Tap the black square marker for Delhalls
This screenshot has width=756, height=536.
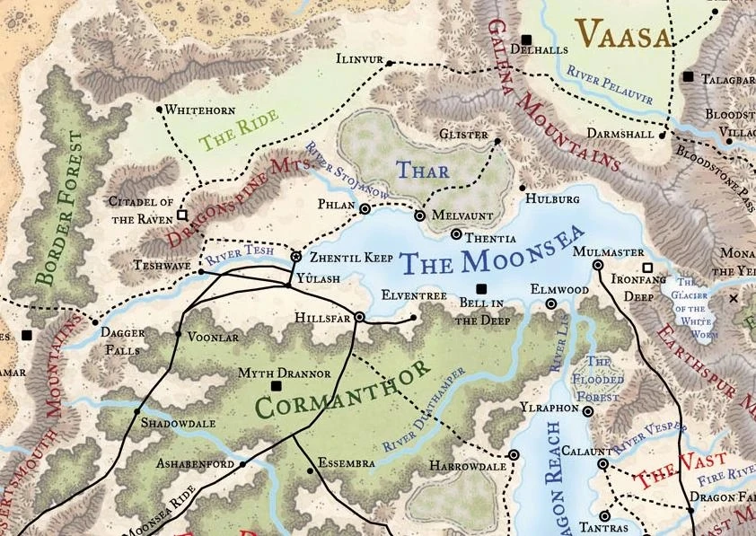[x=527, y=40]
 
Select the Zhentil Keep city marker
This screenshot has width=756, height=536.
[x=296, y=257]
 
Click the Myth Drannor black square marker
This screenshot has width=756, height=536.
[x=276, y=385]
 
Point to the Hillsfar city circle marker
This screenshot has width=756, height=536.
[x=359, y=317]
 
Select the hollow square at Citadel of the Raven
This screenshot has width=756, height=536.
[x=182, y=215]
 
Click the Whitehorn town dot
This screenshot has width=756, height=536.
[x=160, y=110]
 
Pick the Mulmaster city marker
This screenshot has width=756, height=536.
[x=598, y=265]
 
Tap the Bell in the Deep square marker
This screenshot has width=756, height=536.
[x=481, y=288]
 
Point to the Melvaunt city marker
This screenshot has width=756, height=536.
[x=418, y=215]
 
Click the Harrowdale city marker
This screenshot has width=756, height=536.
[x=514, y=455]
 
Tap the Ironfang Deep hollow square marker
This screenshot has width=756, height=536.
[x=646, y=268]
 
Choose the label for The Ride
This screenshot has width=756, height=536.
[x=230, y=132]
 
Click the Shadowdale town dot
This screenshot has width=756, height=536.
[x=136, y=412]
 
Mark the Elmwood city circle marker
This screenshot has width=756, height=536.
[x=552, y=304]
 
